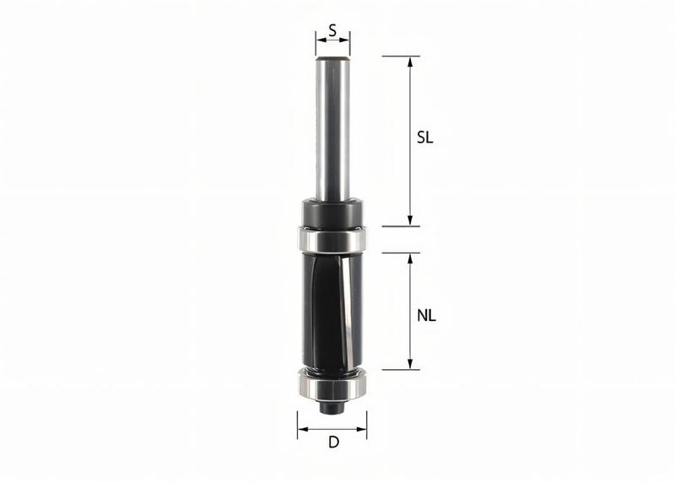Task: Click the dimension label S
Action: [x=332, y=30]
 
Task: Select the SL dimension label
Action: [x=425, y=139]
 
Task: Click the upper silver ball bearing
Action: [x=332, y=238]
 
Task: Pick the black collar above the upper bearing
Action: [x=332, y=213]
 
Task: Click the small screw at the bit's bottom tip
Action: [x=333, y=407]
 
